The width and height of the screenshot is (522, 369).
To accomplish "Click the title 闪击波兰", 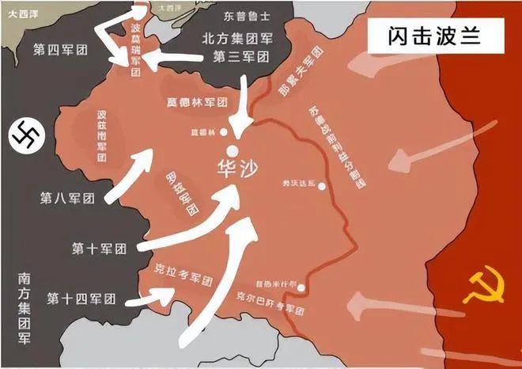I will [x=434, y=36].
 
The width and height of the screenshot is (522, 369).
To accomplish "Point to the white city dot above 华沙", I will [x=233, y=150].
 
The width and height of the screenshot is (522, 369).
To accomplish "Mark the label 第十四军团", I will [x=81, y=299].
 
